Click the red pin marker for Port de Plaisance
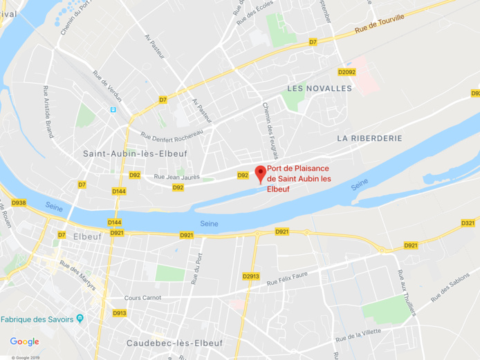[261, 173]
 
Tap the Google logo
[24, 341]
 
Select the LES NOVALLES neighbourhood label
[320, 88]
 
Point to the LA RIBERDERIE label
[369, 138]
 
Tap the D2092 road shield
[347, 72]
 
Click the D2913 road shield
[250, 276]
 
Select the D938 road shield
[19, 202]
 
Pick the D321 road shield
[468, 223]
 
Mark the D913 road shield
[120, 313]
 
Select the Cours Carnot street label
[142, 298]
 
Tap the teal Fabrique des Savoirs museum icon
[80, 319]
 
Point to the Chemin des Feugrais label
[266, 125]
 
